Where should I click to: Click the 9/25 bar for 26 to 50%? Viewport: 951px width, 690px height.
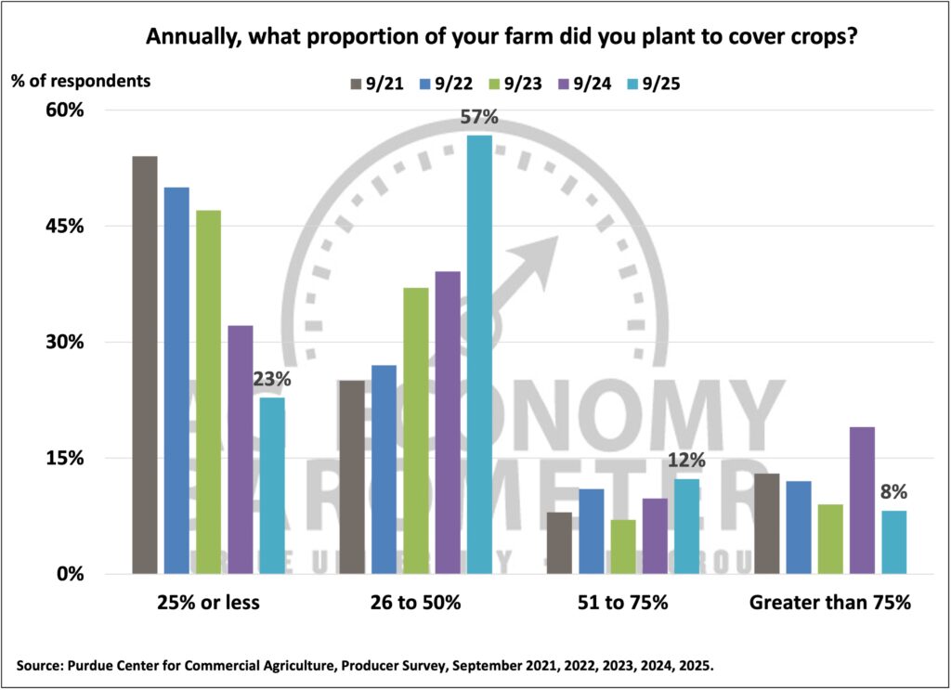pyautogui.click(x=479, y=354)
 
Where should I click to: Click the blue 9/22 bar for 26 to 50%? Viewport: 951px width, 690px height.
pyautogui.click(x=384, y=469)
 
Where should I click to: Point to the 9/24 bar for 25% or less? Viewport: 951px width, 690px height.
pyautogui.click(x=240, y=449)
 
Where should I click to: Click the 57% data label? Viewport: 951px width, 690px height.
pyautogui.click(x=479, y=118)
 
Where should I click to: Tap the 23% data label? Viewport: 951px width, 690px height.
pyautogui.click(x=272, y=380)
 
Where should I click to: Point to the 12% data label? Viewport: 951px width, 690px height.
pyautogui.click(x=687, y=461)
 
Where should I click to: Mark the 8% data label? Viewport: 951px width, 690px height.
pyautogui.click(x=893, y=493)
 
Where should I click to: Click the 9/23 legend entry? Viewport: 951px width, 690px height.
pyautogui.click(x=526, y=83)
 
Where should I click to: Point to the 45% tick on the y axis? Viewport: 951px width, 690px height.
pyautogui.click(x=65, y=226)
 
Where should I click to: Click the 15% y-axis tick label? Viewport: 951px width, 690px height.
pyautogui.click(x=65, y=458)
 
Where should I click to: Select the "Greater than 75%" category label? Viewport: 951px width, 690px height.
pyautogui.click(x=830, y=603)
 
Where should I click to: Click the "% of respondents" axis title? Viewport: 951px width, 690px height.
pyautogui.click(x=81, y=80)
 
